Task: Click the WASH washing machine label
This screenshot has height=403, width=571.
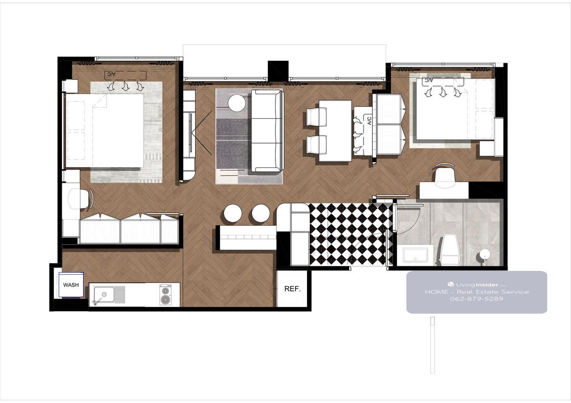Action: click(71, 285)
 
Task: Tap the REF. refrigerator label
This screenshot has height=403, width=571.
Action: click(292, 288)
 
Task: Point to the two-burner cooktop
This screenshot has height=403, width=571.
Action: click(165, 295)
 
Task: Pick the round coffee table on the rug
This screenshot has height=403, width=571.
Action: click(236, 103)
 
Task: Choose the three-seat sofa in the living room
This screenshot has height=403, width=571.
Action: click(267, 131)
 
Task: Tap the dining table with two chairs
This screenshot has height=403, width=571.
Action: click(335, 131)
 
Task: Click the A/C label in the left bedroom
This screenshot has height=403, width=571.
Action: click(111, 74)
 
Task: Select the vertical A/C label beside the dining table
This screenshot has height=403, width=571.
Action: click(369, 120)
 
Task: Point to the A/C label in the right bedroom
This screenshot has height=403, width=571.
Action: click(429, 80)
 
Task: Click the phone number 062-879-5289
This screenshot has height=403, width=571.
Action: click(476, 298)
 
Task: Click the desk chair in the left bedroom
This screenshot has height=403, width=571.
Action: click(80, 199)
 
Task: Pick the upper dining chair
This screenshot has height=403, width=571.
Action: click(316, 116)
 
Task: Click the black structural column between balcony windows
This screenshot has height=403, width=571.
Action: click(278, 71)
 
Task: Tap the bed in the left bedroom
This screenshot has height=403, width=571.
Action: click(105, 131)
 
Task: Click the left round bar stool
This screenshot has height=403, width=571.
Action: click(233, 213)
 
